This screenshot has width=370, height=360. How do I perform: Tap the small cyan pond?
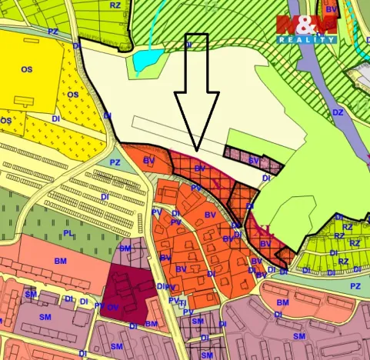coord(143,59)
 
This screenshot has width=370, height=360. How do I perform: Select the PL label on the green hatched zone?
coord(68,232)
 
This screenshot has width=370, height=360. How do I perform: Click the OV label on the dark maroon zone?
coord(113,306)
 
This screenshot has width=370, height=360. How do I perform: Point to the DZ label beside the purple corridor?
coord(338,112)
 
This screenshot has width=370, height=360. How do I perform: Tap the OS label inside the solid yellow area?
coord(27,69)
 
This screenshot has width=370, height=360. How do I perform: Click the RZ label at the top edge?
coord(115,5)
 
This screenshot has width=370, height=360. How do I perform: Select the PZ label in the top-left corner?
coord(53,31)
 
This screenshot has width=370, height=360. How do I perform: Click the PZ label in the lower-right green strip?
coord(355,286)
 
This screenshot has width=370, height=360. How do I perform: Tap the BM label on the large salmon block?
coord(62,262)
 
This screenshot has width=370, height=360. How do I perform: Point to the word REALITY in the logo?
coord(306,38)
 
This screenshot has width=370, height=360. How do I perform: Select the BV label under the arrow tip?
coord(199,168)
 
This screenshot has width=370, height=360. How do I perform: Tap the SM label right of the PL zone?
coord(125,248)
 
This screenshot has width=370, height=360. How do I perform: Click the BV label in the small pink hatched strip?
coord(253,160)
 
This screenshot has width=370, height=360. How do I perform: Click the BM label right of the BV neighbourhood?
coord(282,302)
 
